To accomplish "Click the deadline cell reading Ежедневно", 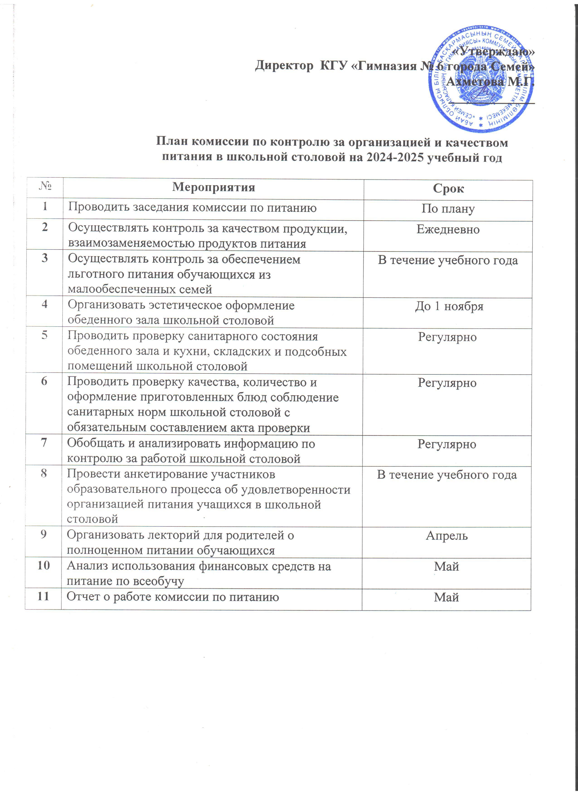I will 448,229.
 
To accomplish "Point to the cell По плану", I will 448,208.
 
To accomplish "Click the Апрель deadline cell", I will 447,536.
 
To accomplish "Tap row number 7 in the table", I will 44,443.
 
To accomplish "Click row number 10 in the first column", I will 44,565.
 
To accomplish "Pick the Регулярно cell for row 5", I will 447,337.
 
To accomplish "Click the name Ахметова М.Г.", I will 491,82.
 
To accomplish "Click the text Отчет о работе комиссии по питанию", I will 173,597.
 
